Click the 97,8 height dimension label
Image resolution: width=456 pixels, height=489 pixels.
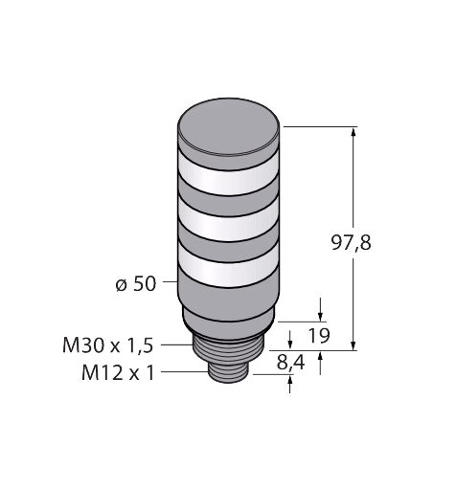pos(351,243)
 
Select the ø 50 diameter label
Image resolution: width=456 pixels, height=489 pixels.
pos(136,283)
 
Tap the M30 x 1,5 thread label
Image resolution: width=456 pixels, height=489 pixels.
pos(108,345)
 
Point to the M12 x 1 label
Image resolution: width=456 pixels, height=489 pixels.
pos(118,372)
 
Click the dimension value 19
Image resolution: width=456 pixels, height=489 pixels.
pos(319,335)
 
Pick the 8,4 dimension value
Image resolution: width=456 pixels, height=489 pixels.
pos(290,363)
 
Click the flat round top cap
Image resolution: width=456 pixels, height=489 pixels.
pos(229,127)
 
